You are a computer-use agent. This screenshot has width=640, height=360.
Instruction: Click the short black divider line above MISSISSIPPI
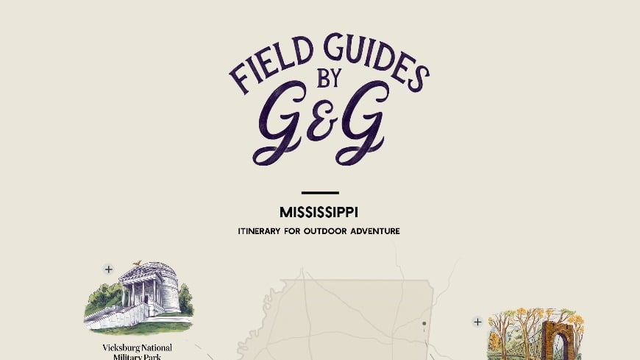(320, 193)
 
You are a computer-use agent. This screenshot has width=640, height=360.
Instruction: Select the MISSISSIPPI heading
(319, 212)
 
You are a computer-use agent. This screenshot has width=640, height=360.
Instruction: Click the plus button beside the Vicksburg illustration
(109, 269)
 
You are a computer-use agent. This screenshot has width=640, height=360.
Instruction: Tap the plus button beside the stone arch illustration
(477, 322)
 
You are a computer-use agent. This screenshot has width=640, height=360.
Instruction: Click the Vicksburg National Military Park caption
(138, 351)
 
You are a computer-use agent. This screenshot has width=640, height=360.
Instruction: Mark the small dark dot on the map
(424, 323)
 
